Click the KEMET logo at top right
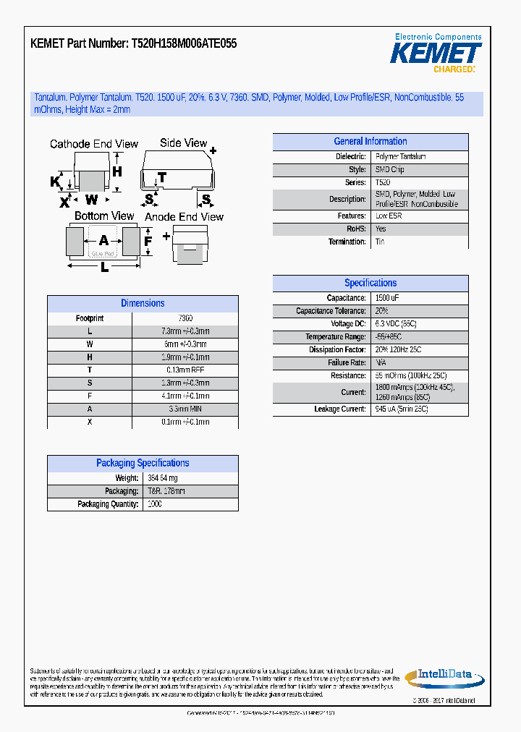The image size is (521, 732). click(436, 53)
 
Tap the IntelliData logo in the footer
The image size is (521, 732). click(441, 676)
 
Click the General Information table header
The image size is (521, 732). click(370, 142)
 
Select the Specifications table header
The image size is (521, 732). click(370, 284)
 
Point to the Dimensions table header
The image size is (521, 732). click(143, 304)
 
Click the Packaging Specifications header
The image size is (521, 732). click(143, 464)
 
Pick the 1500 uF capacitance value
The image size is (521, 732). click(388, 298)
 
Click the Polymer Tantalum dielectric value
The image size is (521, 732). click(400, 156)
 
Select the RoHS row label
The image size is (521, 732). click(356, 229)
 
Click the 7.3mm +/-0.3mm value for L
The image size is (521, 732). click(187, 331)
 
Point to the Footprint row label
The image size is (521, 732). click(90, 318)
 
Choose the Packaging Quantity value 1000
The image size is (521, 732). click(154, 504)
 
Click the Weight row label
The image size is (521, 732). click(127, 478)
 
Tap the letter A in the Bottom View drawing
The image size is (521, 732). click(103, 240)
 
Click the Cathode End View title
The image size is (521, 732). click(94, 144)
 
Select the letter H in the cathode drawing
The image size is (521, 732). click(117, 171)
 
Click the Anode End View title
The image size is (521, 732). click(185, 217)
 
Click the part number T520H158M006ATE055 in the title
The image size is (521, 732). click(184, 43)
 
